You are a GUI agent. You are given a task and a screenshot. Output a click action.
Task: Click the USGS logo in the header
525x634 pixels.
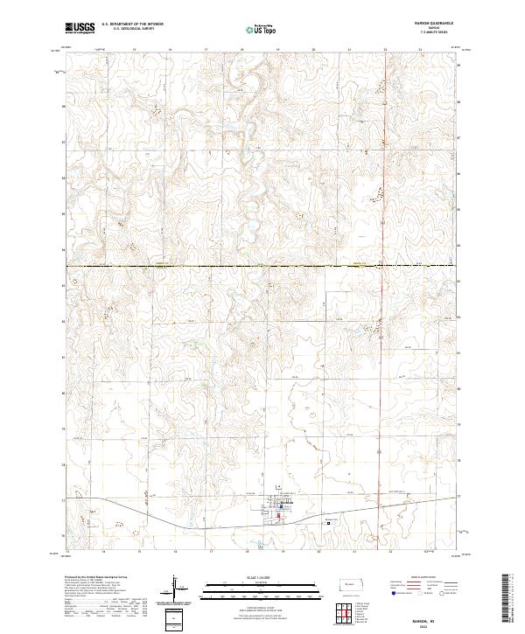click(80, 28)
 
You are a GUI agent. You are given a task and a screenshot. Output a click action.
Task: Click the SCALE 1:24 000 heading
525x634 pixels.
click(261, 578)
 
